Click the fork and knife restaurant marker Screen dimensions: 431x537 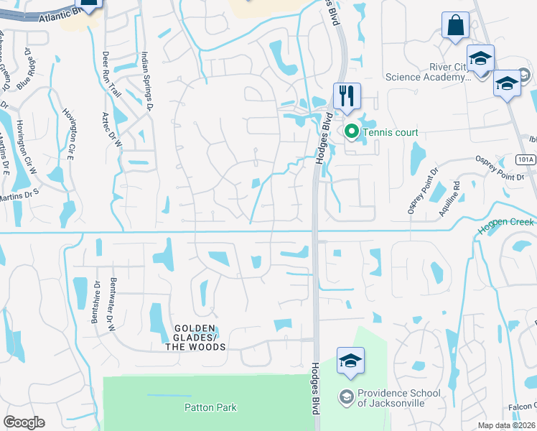(347, 96)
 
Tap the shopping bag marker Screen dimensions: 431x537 (455, 27)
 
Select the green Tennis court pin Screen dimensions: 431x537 (351, 131)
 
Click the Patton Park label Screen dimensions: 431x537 (210, 407)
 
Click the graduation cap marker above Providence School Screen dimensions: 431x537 (350, 361)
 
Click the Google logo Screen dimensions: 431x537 (24, 422)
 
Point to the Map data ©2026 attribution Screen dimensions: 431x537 (505, 425)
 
